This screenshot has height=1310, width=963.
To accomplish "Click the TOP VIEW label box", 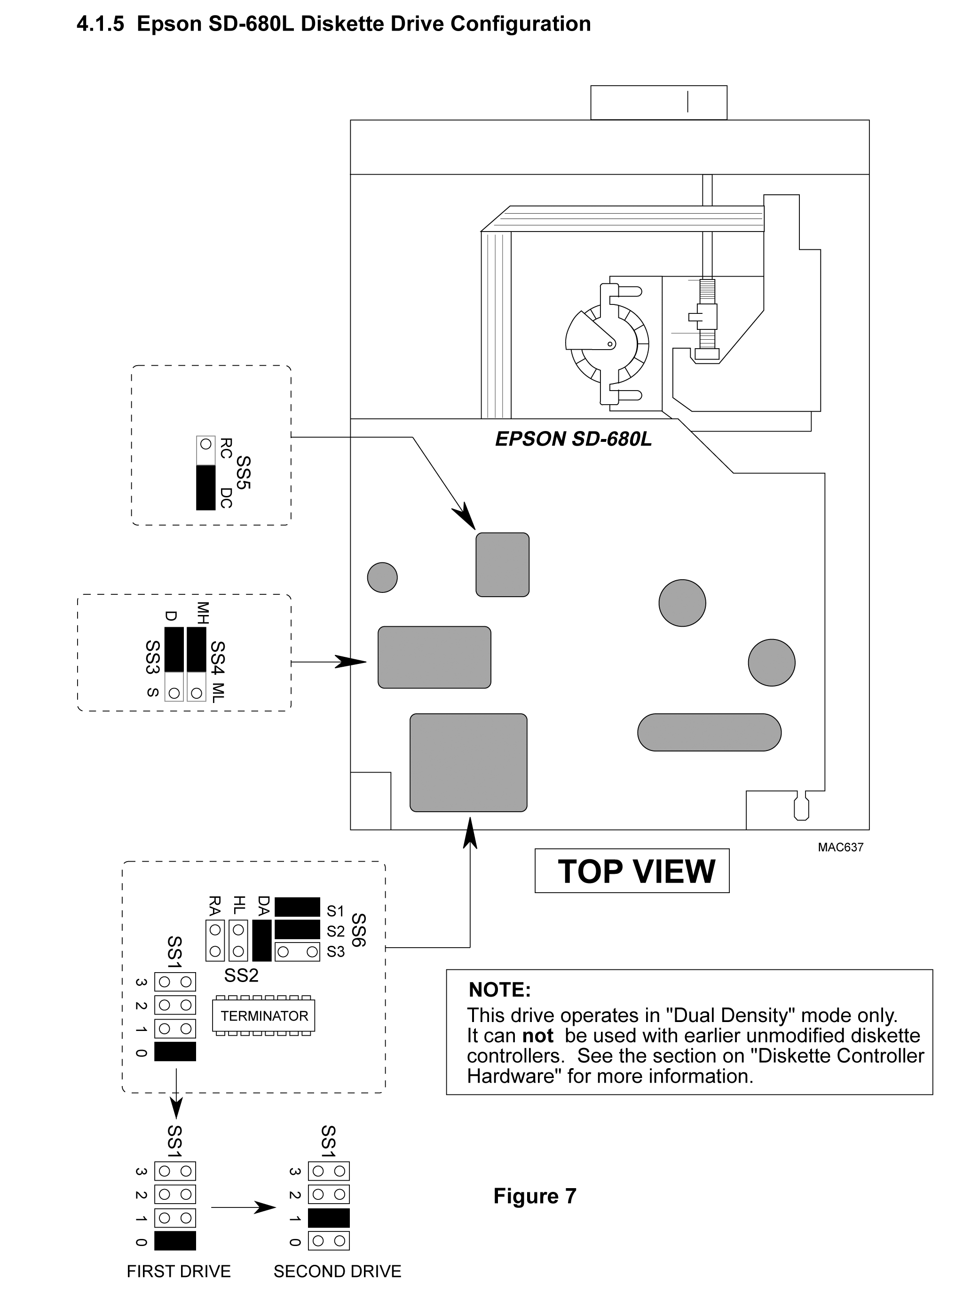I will coord(631,871).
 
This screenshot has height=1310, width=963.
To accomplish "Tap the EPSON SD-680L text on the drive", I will coord(573,439).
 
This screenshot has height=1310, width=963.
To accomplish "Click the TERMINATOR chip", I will coord(264,1015).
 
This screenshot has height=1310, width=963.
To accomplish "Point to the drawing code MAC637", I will coord(840,847).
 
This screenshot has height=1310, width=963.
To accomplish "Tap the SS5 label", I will coord(243,472).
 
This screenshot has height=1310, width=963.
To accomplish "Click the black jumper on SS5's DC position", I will coord(206,487).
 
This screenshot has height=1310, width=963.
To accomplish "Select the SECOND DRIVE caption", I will coord(337,1270).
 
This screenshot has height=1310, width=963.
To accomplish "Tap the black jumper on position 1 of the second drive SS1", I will coord(329,1217).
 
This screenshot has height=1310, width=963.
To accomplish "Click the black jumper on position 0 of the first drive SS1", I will coord(175,1240).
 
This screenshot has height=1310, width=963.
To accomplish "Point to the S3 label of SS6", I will coord(335,951).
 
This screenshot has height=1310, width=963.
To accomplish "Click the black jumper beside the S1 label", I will coord(297,907).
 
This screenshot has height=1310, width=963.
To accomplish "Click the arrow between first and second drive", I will coord(243,1207).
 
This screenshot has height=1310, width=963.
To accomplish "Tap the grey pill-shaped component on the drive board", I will coord(709,732).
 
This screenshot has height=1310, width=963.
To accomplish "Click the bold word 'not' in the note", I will coord(537,1035).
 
